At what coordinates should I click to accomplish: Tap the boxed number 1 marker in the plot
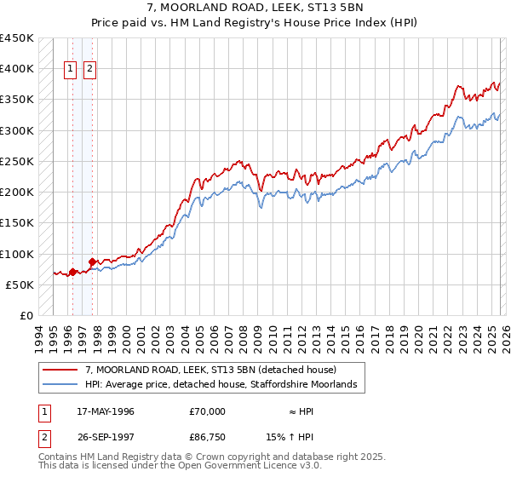coord(71,71)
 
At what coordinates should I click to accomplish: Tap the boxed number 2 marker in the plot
coord(90,71)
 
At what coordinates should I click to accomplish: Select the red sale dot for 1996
coord(72,273)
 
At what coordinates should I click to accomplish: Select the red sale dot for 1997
coord(92,262)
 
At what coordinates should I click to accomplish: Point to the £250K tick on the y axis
coord(17,161)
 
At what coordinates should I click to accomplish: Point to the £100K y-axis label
coord(17,254)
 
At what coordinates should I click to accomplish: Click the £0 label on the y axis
coord(26,316)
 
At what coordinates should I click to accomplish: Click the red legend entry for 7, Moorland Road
coord(211,370)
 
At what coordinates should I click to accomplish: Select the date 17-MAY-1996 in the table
coord(106,411)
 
